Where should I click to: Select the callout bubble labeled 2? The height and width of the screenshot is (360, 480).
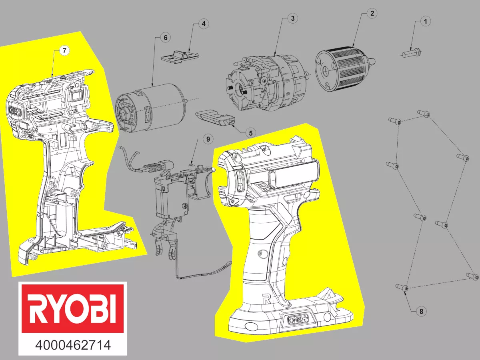pyautogui.click(x=372, y=13)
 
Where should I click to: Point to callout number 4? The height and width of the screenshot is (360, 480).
pyautogui.click(x=203, y=24)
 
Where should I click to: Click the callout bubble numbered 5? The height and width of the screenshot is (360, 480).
pyautogui.click(x=250, y=132)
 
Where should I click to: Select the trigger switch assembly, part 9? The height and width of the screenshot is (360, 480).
pyautogui.click(x=176, y=192)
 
